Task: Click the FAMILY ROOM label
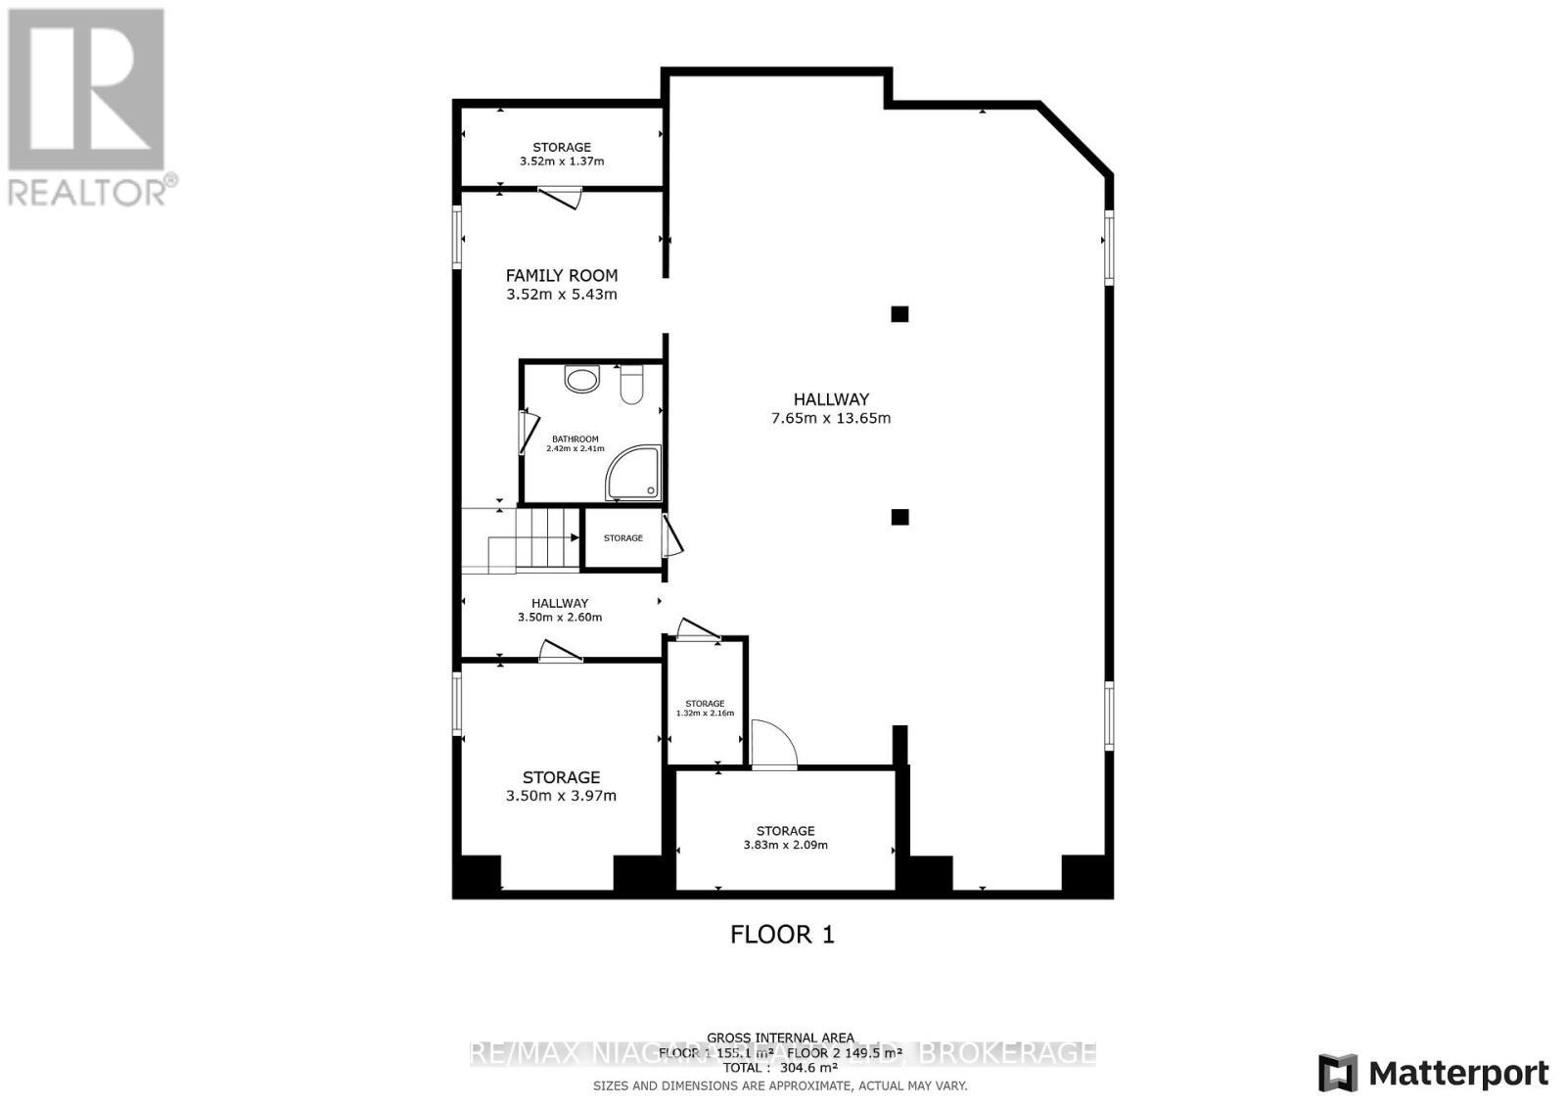tap(561, 276)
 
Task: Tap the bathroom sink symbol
tap(582, 379)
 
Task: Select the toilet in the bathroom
tap(631, 385)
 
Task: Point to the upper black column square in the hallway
tap(899, 314)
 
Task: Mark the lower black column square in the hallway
tap(899, 517)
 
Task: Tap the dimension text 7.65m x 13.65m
tap(831, 418)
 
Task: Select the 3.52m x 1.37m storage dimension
tap(562, 162)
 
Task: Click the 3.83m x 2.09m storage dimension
tap(785, 845)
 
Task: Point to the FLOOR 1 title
tap(782, 934)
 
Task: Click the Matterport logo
tap(1433, 1073)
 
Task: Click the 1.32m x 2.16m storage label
tap(705, 708)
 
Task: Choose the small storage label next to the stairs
tap(622, 538)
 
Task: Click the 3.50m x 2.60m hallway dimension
tap(560, 618)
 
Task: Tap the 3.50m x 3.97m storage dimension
tap(561, 796)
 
